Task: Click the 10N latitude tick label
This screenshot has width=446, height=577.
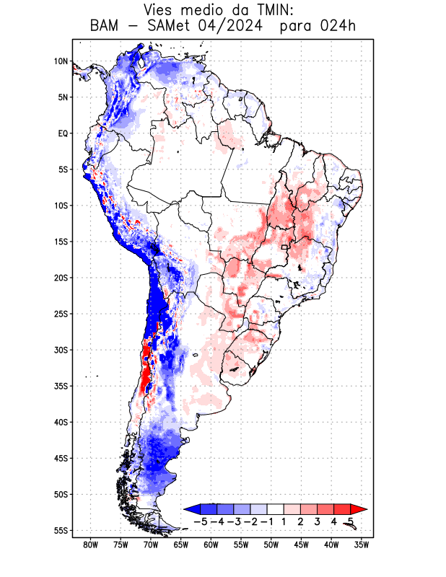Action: pos(61,61)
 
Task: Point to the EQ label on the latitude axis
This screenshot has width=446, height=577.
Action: pos(63,133)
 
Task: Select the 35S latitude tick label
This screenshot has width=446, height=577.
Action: pos(61,386)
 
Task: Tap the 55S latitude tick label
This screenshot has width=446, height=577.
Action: pos(61,531)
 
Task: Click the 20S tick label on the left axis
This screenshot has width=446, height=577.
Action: pos(61,278)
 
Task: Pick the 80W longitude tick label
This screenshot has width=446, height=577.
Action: pos(90,545)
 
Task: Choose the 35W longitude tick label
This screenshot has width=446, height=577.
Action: pos(362,545)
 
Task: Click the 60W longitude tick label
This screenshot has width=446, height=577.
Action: pos(211,545)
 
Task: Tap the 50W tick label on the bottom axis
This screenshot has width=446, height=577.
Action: pos(271,545)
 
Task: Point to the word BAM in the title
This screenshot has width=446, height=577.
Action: pos(106,27)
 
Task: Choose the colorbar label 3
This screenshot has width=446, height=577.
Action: pos(318,521)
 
